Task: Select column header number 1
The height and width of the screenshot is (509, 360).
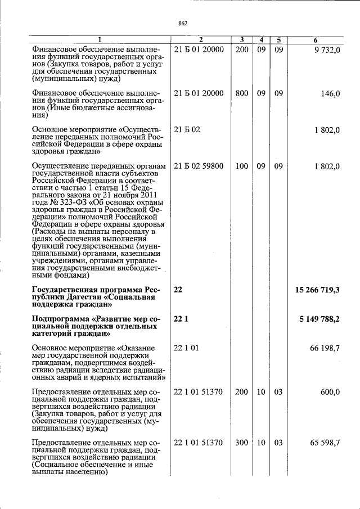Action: click(100, 40)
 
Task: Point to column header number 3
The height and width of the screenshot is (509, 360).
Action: click(241, 40)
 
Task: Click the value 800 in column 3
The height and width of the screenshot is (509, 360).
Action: click(241, 93)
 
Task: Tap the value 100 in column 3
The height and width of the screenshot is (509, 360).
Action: click(241, 166)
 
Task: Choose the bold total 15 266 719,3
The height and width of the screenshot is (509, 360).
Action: click(317, 290)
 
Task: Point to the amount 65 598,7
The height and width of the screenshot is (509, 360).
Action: click(325, 443)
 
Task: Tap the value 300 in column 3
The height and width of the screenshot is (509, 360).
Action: click(241, 443)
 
